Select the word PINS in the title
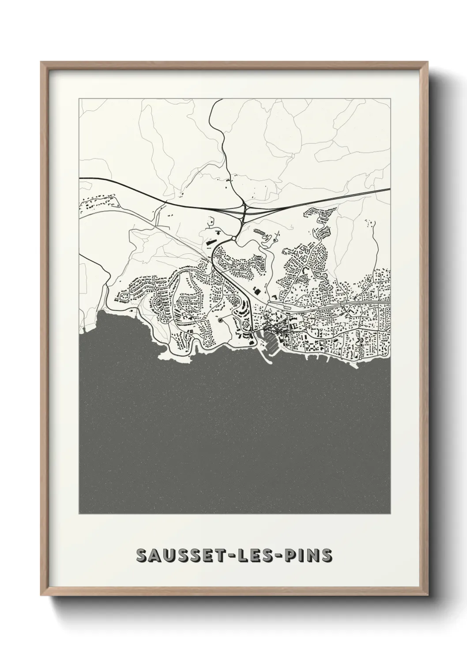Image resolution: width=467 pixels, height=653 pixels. [x=309, y=555]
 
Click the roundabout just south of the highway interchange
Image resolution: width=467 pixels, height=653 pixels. [x=233, y=239]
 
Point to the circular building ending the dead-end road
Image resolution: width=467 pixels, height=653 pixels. [x=219, y=321]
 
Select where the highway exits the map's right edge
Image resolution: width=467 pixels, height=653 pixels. [x=390, y=189]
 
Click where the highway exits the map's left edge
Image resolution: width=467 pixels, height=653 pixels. [x=80, y=178]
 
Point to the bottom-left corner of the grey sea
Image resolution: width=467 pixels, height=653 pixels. [x=80, y=513]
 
